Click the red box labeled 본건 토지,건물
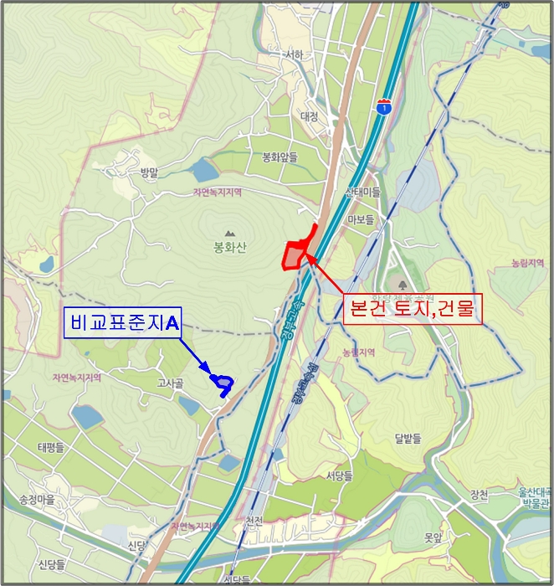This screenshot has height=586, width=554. tap(410, 308)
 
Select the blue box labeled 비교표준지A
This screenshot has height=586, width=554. tap(123, 321)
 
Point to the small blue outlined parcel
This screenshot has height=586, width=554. tap(223, 383)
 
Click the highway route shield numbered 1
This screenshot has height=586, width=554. tap(383, 106)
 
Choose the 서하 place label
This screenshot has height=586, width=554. tap(294, 55)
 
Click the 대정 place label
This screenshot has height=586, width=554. tap(309, 117)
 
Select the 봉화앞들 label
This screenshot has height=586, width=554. tap(280, 157)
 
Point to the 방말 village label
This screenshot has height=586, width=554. tap(149, 172)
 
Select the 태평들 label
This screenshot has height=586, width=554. tap(50, 448)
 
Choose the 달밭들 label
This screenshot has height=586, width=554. tap(408, 438)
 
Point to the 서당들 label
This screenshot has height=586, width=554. tap(339, 475)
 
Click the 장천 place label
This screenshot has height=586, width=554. tap(479, 495)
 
